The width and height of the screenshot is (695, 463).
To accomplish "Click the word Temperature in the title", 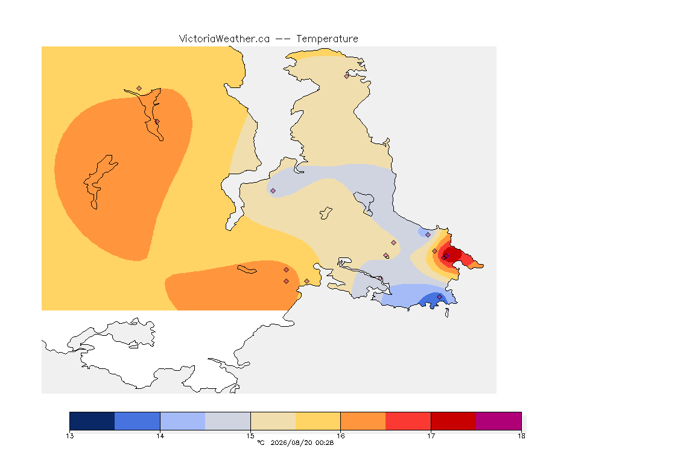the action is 327,39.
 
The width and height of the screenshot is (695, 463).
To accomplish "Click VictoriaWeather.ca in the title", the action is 224,39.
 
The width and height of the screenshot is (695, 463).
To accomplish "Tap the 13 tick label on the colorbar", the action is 69,436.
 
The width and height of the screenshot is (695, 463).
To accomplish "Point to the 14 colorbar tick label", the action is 160,436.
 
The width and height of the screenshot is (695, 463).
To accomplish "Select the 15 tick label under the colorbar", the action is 250,436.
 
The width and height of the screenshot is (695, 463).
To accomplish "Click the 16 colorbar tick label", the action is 340,436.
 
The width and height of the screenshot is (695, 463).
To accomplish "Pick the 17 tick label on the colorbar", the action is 431,436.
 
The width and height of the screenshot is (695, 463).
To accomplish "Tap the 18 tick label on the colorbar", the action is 521,436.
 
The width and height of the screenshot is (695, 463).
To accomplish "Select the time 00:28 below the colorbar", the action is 325,443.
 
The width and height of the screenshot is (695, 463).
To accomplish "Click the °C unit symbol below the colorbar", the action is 261,443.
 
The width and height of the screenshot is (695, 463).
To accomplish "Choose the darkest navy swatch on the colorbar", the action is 92,421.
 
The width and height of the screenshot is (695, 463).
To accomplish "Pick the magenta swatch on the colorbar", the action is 499,421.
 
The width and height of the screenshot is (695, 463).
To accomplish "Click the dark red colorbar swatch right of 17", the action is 454,421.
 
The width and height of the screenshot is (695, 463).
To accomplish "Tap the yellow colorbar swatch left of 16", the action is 318,421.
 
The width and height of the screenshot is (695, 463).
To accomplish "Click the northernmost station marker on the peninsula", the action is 347,76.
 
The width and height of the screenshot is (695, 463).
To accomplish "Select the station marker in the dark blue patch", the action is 439,297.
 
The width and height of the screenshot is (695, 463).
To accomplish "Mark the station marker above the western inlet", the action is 139,89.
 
